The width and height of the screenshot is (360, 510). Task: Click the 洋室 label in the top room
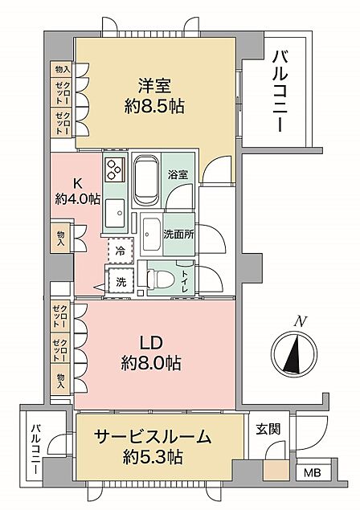tap(154, 86)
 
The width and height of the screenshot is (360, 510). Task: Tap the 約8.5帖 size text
tap(154, 106)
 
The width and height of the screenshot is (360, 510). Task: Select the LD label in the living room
tap(151, 343)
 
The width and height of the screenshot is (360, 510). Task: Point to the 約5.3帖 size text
tap(153, 457)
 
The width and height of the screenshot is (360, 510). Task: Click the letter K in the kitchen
tap(77, 184)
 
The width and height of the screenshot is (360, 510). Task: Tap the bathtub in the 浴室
tap(146, 180)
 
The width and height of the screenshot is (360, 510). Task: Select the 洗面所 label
tap(178, 235)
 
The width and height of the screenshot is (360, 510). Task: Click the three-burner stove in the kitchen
tap(115, 169)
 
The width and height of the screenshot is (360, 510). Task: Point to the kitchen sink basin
tap(115, 213)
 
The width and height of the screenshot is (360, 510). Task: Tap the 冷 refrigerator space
tap(121, 251)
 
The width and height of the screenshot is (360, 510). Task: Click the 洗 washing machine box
tap(121, 282)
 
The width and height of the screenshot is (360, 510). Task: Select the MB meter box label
tap(312, 472)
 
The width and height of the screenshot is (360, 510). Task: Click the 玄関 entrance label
tap(268, 429)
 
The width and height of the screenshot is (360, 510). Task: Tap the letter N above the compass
tap(300, 322)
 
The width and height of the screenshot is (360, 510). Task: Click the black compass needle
tap(293, 353)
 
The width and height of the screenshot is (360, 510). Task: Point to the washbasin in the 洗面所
tap(152, 235)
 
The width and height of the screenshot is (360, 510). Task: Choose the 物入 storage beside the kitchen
tap(60, 239)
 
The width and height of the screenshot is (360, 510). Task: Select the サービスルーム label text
tap(153, 437)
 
